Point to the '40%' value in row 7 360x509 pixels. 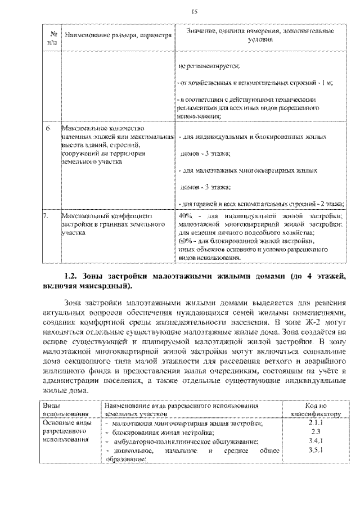(185, 215)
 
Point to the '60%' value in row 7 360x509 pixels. (185, 240)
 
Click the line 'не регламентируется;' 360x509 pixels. (209, 66)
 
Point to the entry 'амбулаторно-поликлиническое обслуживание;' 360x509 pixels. (186, 442)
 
